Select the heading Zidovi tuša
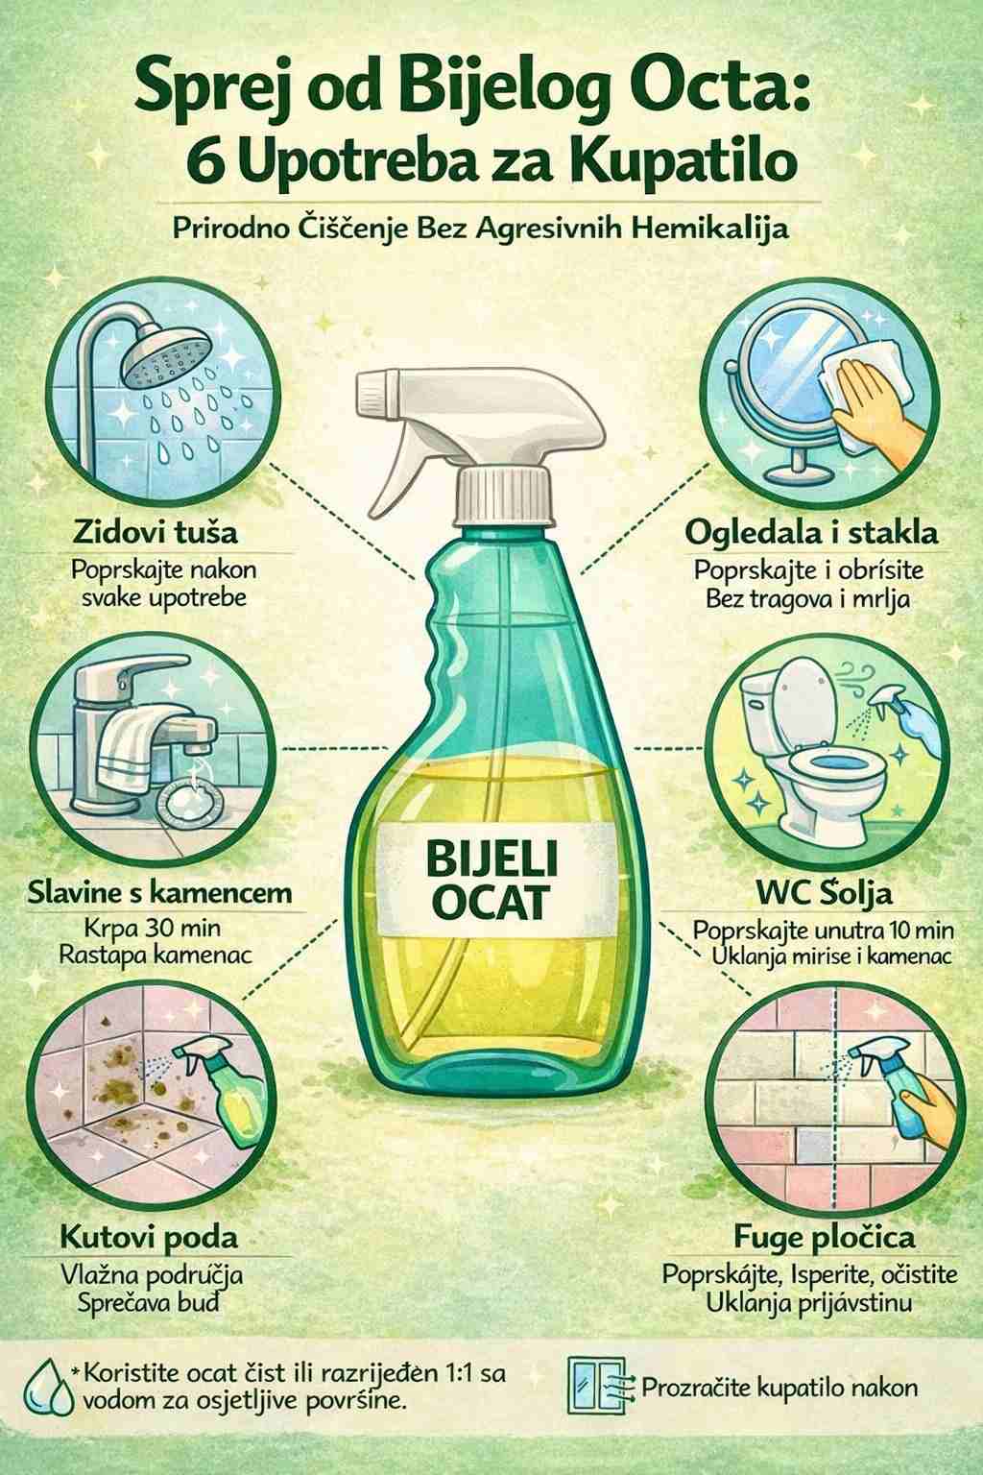point(155,532)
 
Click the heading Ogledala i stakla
point(811,532)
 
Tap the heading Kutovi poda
point(149,1237)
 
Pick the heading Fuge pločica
point(825,1238)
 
